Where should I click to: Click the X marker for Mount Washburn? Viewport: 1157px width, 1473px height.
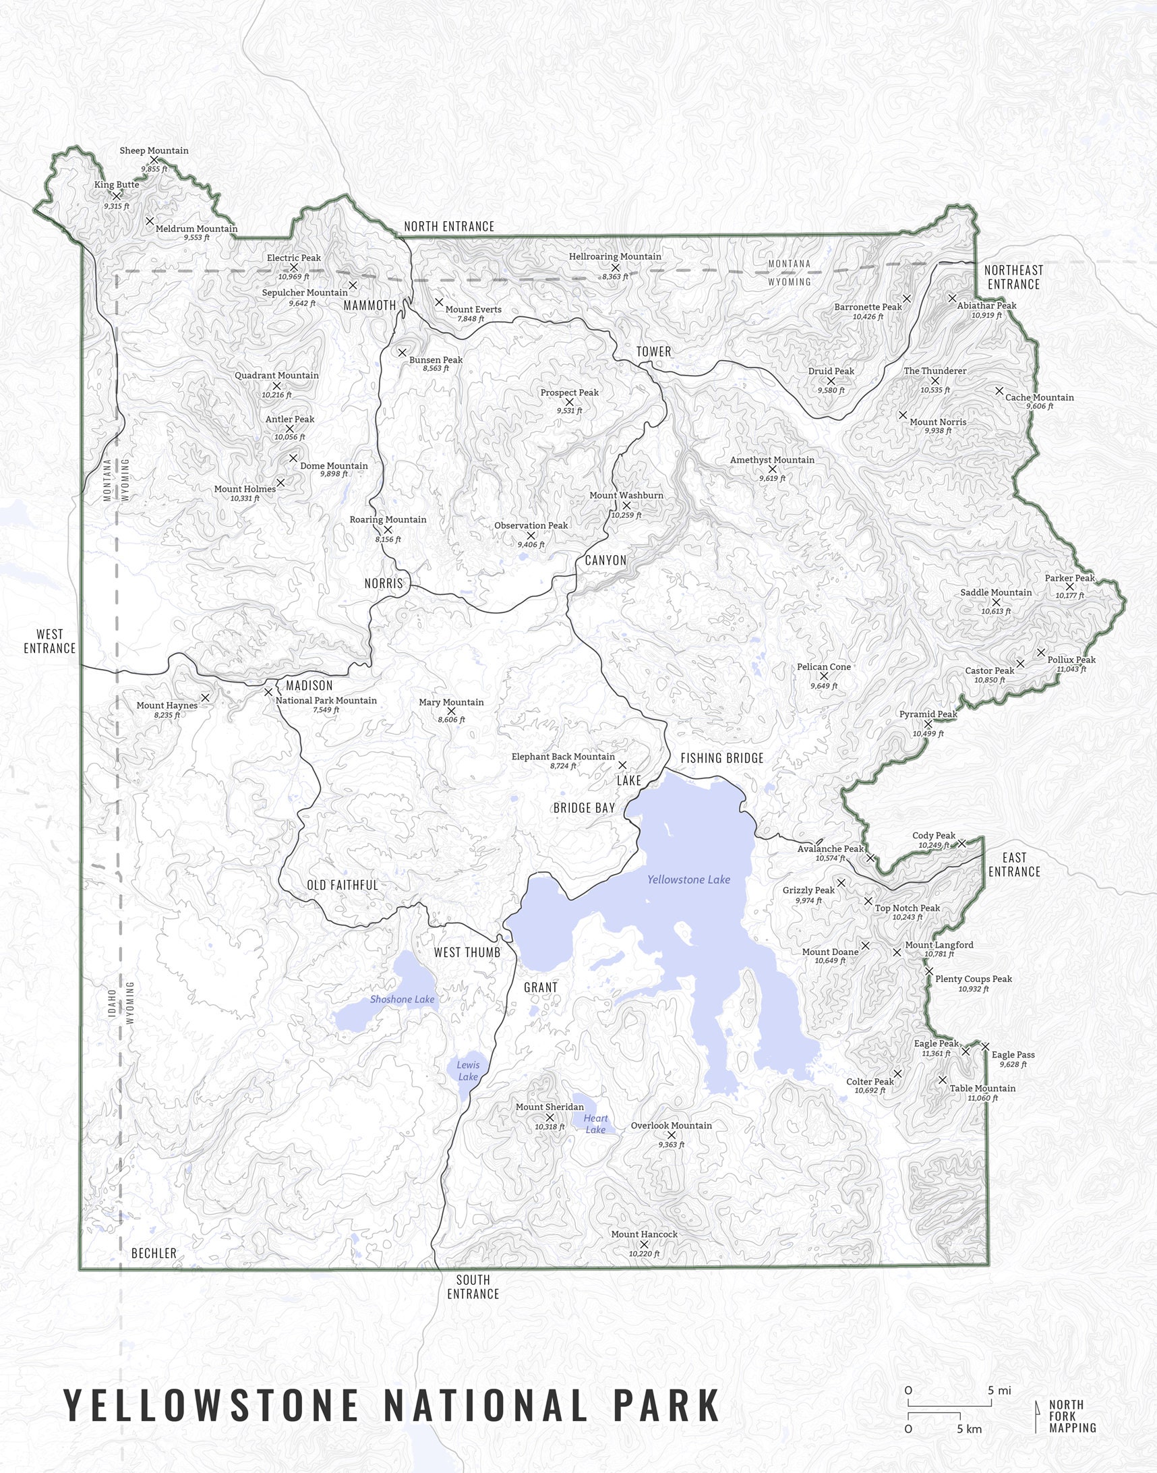[626, 505]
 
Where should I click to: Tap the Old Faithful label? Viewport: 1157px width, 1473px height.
[342, 885]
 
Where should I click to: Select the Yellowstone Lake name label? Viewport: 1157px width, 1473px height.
[688, 879]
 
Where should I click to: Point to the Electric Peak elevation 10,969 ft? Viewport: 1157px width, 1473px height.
[293, 277]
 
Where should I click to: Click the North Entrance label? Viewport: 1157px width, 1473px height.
[449, 227]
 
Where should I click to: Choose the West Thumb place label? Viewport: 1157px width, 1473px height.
[467, 952]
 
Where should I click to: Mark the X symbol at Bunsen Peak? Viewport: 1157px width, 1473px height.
[402, 352]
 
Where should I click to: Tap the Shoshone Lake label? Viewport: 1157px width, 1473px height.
[402, 1000]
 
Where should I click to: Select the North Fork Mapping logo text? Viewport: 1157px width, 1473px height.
[1071, 1416]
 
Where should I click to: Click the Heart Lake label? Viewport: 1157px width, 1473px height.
[595, 1124]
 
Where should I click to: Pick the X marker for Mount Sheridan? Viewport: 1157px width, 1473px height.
[550, 1118]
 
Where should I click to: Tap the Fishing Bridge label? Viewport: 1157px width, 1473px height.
[721, 758]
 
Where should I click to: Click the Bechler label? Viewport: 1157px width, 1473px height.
[154, 1254]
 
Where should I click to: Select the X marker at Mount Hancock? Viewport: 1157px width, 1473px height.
[644, 1244]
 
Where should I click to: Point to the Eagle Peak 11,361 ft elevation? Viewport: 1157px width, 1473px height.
[935, 1053]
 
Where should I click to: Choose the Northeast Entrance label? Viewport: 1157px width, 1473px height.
[1013, 277]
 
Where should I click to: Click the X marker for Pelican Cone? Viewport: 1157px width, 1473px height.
[824, 676]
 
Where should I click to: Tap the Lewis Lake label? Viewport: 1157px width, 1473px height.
[467, 1070]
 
